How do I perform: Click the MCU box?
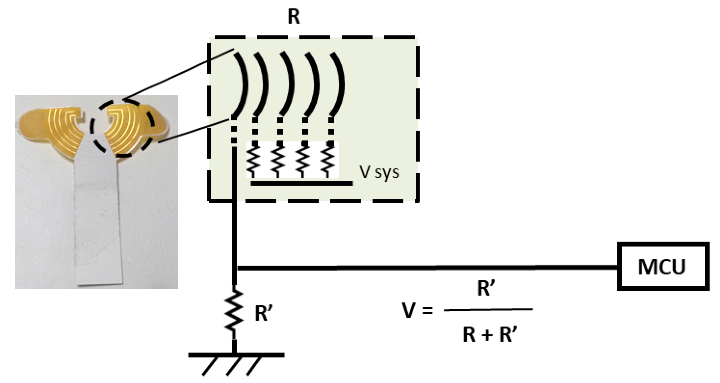coord(663,267)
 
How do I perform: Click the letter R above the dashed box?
coord(294,16)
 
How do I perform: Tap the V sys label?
coord(379,172)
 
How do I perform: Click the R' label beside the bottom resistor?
coord(263,314)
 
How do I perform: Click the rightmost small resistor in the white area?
coord(327,160)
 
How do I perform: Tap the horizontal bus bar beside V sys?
coord(301,183)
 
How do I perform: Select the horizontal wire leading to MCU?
coord(424,268)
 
